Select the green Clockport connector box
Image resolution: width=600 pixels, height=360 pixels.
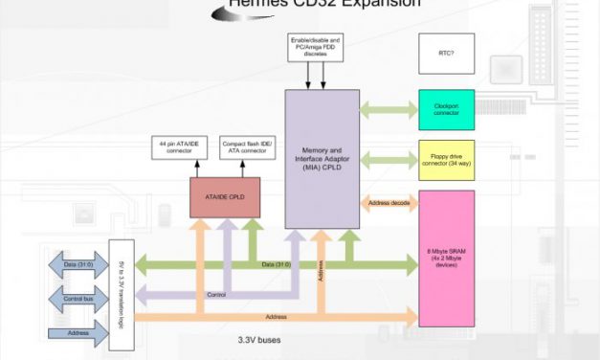click(446, 108)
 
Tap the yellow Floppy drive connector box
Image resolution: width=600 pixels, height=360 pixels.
click(446, 159)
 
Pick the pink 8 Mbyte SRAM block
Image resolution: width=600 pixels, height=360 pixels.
click(446, 259)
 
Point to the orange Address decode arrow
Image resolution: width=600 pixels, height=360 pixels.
click(389, 202)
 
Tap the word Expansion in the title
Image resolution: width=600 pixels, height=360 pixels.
click(372, 5)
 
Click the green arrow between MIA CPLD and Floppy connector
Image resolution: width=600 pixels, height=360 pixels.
click(389, 158)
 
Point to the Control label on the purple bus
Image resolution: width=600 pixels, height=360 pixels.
click(216, 294)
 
